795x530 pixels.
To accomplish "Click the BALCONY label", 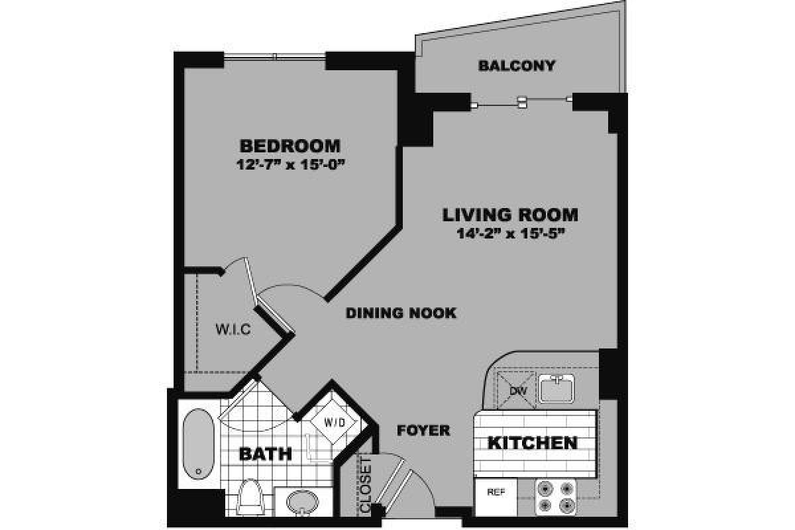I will pyautogui.click(x=517, y=66).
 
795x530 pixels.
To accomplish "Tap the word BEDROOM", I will pyautogui.click(x=290, y=146).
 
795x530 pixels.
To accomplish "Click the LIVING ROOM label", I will pyautogui.click(x=510, y=215).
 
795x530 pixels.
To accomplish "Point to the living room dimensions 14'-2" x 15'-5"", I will pyautogui.click(x=510, y=233).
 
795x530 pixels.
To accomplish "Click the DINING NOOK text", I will pyautogui.click(x=401, y=313).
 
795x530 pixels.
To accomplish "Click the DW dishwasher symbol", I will pyautogui.click(x=517, y=390).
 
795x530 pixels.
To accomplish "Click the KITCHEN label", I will pyautogui.click(x=532, y=443).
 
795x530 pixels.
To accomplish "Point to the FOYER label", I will pyautogui.click(x=423, y=431).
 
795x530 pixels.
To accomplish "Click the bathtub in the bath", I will pyautogui.click(x=197, y=443).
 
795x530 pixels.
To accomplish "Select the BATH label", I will pyautogui.click(x=265, y=454).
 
